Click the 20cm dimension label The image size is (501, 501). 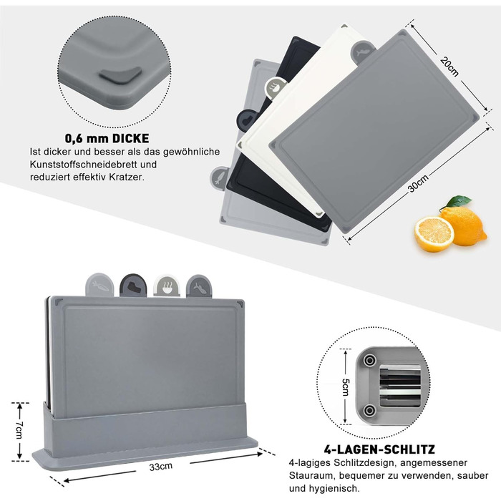pos(449,67)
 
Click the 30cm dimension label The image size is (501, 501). pos(418,184)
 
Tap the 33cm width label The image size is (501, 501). pos(161,467)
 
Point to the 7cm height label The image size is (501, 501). pos(19,429)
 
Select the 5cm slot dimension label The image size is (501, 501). pos(346,387)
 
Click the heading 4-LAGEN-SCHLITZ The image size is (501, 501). pos(379,449)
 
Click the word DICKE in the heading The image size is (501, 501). pos(130,138)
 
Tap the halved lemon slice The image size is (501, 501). pos(434,234)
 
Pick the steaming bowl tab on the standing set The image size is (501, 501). pos(167,286)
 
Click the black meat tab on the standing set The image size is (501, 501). pos(133,286)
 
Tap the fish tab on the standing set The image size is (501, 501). pos(199,286)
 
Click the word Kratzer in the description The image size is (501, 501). pos(127,177)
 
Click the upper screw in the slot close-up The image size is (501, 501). pos(370,361)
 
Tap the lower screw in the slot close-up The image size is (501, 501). pos(370,409)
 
